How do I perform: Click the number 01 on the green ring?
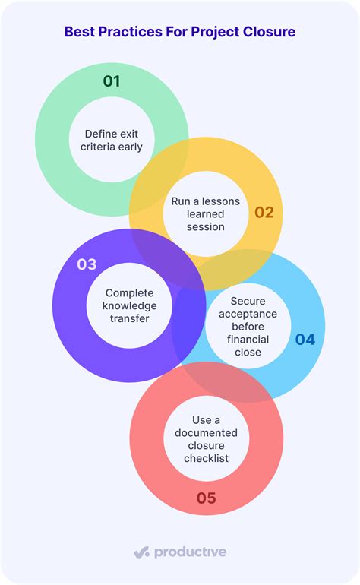tap(112, 81)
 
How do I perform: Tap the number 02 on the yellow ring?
tap(264, 212)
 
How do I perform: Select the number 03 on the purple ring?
tap(87, 264)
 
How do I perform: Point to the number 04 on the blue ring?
tap(305, 339)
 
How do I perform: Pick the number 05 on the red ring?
tap(207, 498)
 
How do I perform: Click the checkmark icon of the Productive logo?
tap(142, 552)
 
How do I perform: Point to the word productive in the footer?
tap(191, 552)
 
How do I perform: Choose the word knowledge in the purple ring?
tap(129, 306)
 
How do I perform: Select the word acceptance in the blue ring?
tap(248, 314)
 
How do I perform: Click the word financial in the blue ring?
tap(248, 340)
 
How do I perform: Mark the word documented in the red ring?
tap(206, 433)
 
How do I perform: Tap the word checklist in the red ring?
tap(206, 458)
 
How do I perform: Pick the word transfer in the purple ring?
tap(129, 318)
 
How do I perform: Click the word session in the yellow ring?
tap(206, 227)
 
